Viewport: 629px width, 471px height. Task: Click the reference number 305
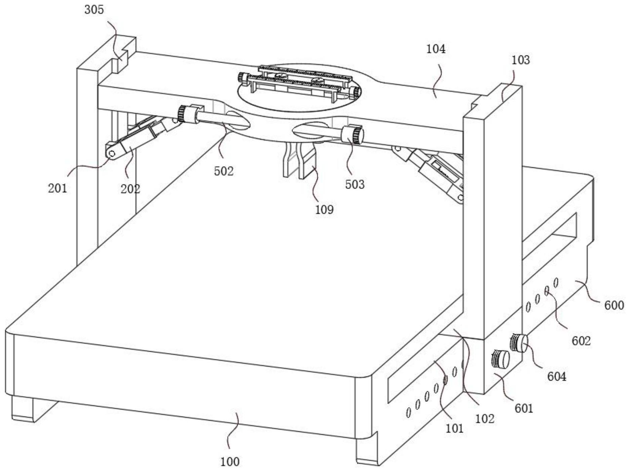[94, 10]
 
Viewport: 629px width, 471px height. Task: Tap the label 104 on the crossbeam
[436, 49]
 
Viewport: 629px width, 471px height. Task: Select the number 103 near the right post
[520, 60]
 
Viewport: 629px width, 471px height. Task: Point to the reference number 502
[224, 171]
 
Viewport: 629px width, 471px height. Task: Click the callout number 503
[355, 184]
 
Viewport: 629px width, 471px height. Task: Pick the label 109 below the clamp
[324, 209]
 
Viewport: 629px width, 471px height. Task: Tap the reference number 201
[57, 188]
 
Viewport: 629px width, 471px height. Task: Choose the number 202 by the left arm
[130, 189]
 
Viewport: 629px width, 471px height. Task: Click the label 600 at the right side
[614, 305]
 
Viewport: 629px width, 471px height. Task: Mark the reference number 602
[581, 341]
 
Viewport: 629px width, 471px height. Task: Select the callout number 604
[557, 377]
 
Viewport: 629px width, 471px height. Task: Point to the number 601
[524, 408]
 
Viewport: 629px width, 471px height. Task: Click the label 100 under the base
[230, 462]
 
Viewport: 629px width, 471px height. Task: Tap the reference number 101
[455, 429]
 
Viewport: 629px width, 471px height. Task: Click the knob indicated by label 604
[519, 343]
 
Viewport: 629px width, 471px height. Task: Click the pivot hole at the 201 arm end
[112, 154]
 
